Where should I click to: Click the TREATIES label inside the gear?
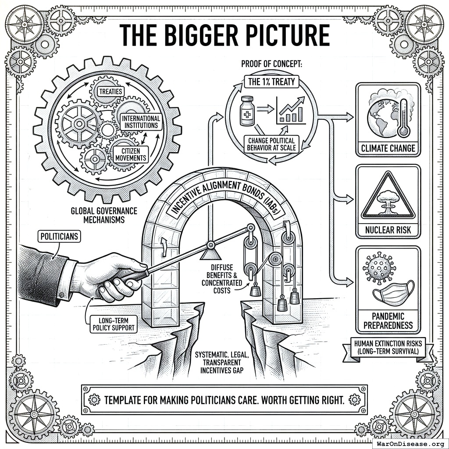tap(110, 92)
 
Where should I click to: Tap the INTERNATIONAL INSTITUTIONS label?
tap(141, 122)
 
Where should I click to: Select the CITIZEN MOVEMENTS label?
tap(131, 155)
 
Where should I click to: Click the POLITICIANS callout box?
tap(59, 236)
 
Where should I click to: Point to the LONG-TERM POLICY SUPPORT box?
tap(114, 324)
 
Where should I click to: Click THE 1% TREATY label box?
tap(271, 82)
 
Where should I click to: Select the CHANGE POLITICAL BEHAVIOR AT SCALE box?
tap(271, 144)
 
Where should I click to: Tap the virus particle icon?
tap(379, 268)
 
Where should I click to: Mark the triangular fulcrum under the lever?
tap(210, 254)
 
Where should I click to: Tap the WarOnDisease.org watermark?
tap(410, 444)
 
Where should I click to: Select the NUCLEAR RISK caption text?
tap(388, 230)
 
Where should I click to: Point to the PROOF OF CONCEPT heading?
tap(271, 64)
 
